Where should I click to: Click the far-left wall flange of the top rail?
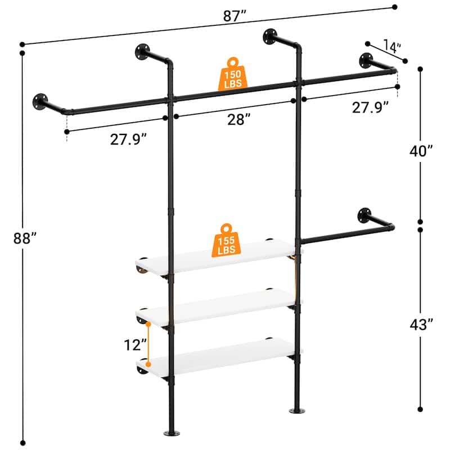coord(40,101)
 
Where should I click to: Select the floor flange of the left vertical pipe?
coord(171,434)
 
